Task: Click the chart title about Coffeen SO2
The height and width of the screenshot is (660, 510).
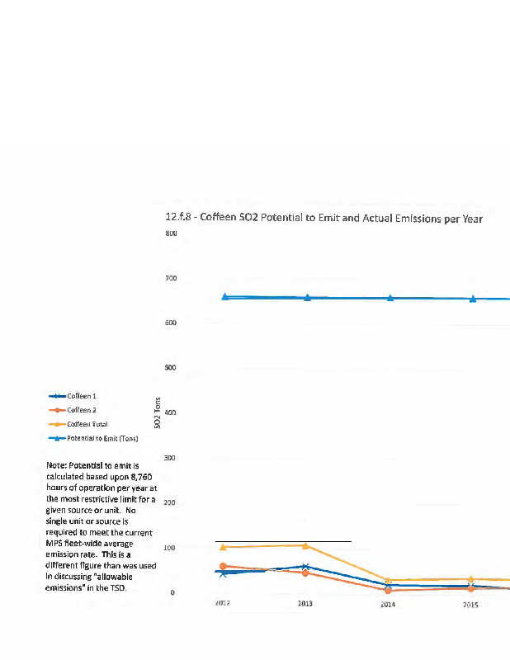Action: [x=323, y=219]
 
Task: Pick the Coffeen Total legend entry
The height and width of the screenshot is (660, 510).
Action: [x=87, y=424]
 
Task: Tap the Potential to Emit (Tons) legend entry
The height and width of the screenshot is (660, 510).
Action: [x=102, y=438]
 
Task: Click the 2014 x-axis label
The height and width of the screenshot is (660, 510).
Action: [x=388, y=605]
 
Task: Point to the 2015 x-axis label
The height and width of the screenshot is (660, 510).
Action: [x=470, y=605]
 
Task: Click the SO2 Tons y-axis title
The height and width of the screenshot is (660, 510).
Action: [x=158, y=412]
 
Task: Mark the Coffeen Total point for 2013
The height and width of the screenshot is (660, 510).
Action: [x=305, y=545]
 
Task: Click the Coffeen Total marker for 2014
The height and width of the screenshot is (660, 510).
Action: [x=388, y=581]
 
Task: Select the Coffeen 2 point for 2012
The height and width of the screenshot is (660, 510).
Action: [x=223, y=566]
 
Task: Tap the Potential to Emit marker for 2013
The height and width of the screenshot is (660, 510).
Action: [x=307, y=297]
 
